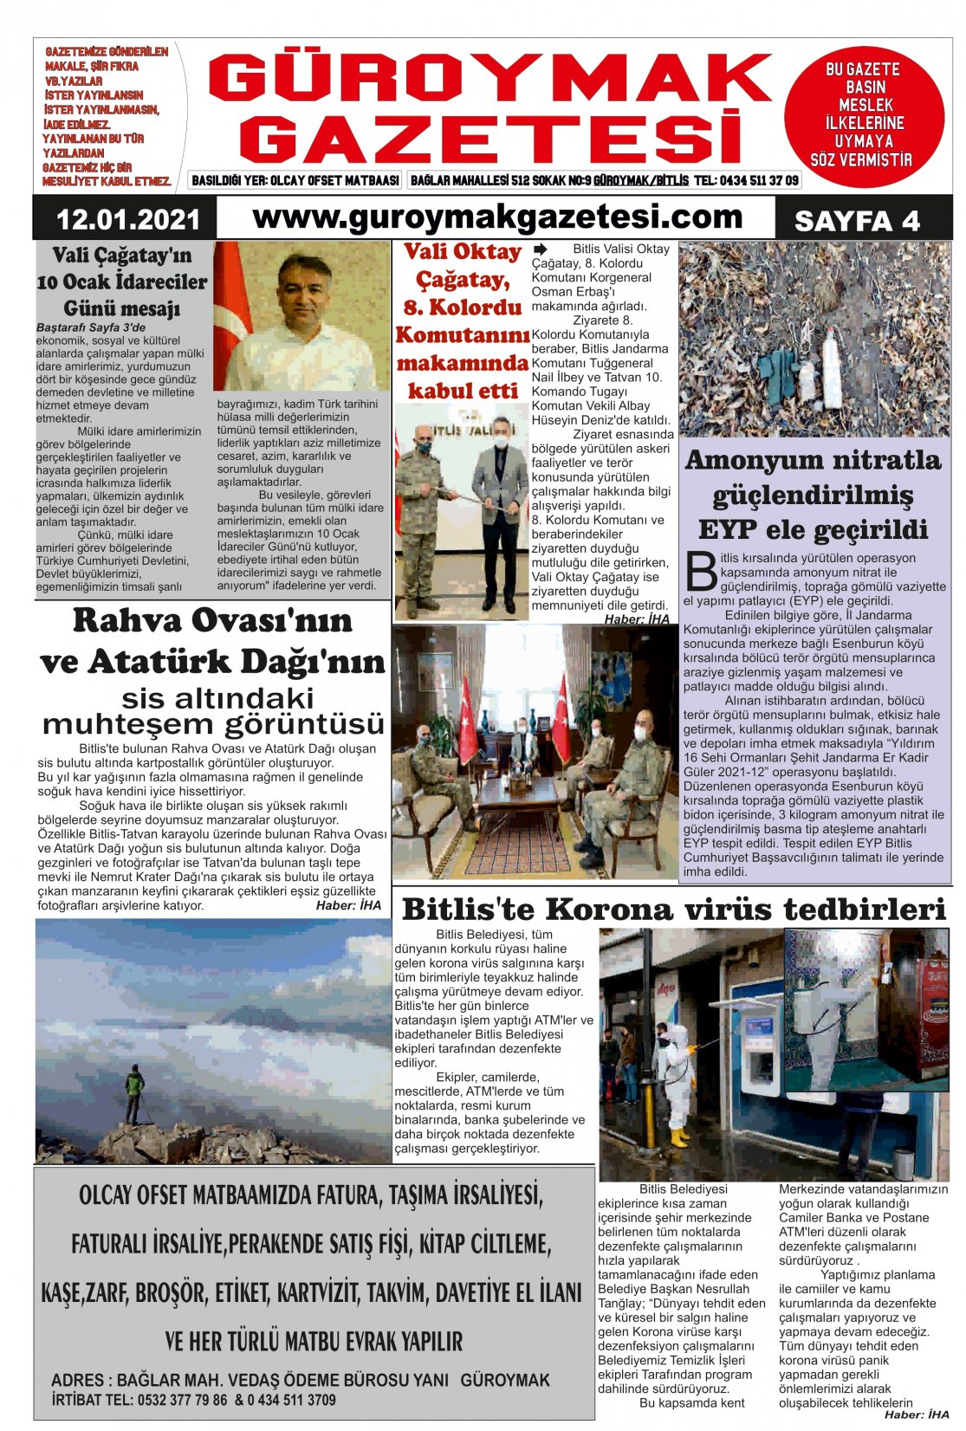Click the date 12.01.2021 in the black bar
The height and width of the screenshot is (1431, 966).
[127, 219]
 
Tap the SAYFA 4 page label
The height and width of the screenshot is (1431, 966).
[856, 221]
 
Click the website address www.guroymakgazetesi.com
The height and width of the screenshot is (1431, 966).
[497, 217]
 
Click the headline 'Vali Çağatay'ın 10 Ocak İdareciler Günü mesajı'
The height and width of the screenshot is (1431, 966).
[122, 282]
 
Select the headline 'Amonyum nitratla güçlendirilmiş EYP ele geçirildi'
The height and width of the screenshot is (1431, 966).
[813, 495]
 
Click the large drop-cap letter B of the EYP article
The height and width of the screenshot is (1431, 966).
[701, 572]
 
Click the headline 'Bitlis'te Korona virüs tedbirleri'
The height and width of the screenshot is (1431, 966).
[673, 909]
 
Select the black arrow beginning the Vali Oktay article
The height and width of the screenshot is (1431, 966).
[541, 249]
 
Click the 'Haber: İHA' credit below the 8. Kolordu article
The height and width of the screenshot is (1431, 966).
[637, 618]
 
